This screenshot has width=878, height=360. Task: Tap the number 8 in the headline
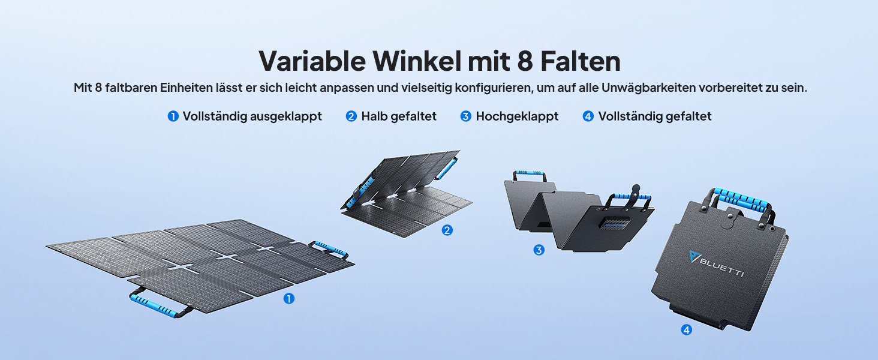pos(525,62)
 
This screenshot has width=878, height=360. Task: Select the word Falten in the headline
pos(581,61)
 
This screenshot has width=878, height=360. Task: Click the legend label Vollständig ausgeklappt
pos(252,116)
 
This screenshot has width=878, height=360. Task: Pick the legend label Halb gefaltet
pos(399,116)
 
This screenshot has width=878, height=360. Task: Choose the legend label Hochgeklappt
pos(517,116)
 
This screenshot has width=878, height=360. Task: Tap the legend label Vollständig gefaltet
pos(654,116)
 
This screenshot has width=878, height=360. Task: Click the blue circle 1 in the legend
pos(173,116)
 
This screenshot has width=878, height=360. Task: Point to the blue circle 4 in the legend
pos(588,116)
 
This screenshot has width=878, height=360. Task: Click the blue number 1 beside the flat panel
pos(289,299)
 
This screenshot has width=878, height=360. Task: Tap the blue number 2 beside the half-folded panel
pos(447,230)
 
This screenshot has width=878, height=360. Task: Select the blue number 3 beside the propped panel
pos(539,250)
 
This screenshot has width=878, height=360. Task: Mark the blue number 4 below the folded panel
pos(686,330)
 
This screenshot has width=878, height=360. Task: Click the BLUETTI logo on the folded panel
pos(716,264)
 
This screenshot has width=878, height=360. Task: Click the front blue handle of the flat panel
pos(153,305)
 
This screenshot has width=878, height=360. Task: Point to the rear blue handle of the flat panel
pos(331,248)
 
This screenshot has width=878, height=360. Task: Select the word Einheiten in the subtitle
pos(186,88)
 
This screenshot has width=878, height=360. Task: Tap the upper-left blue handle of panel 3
pos(530,173)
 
